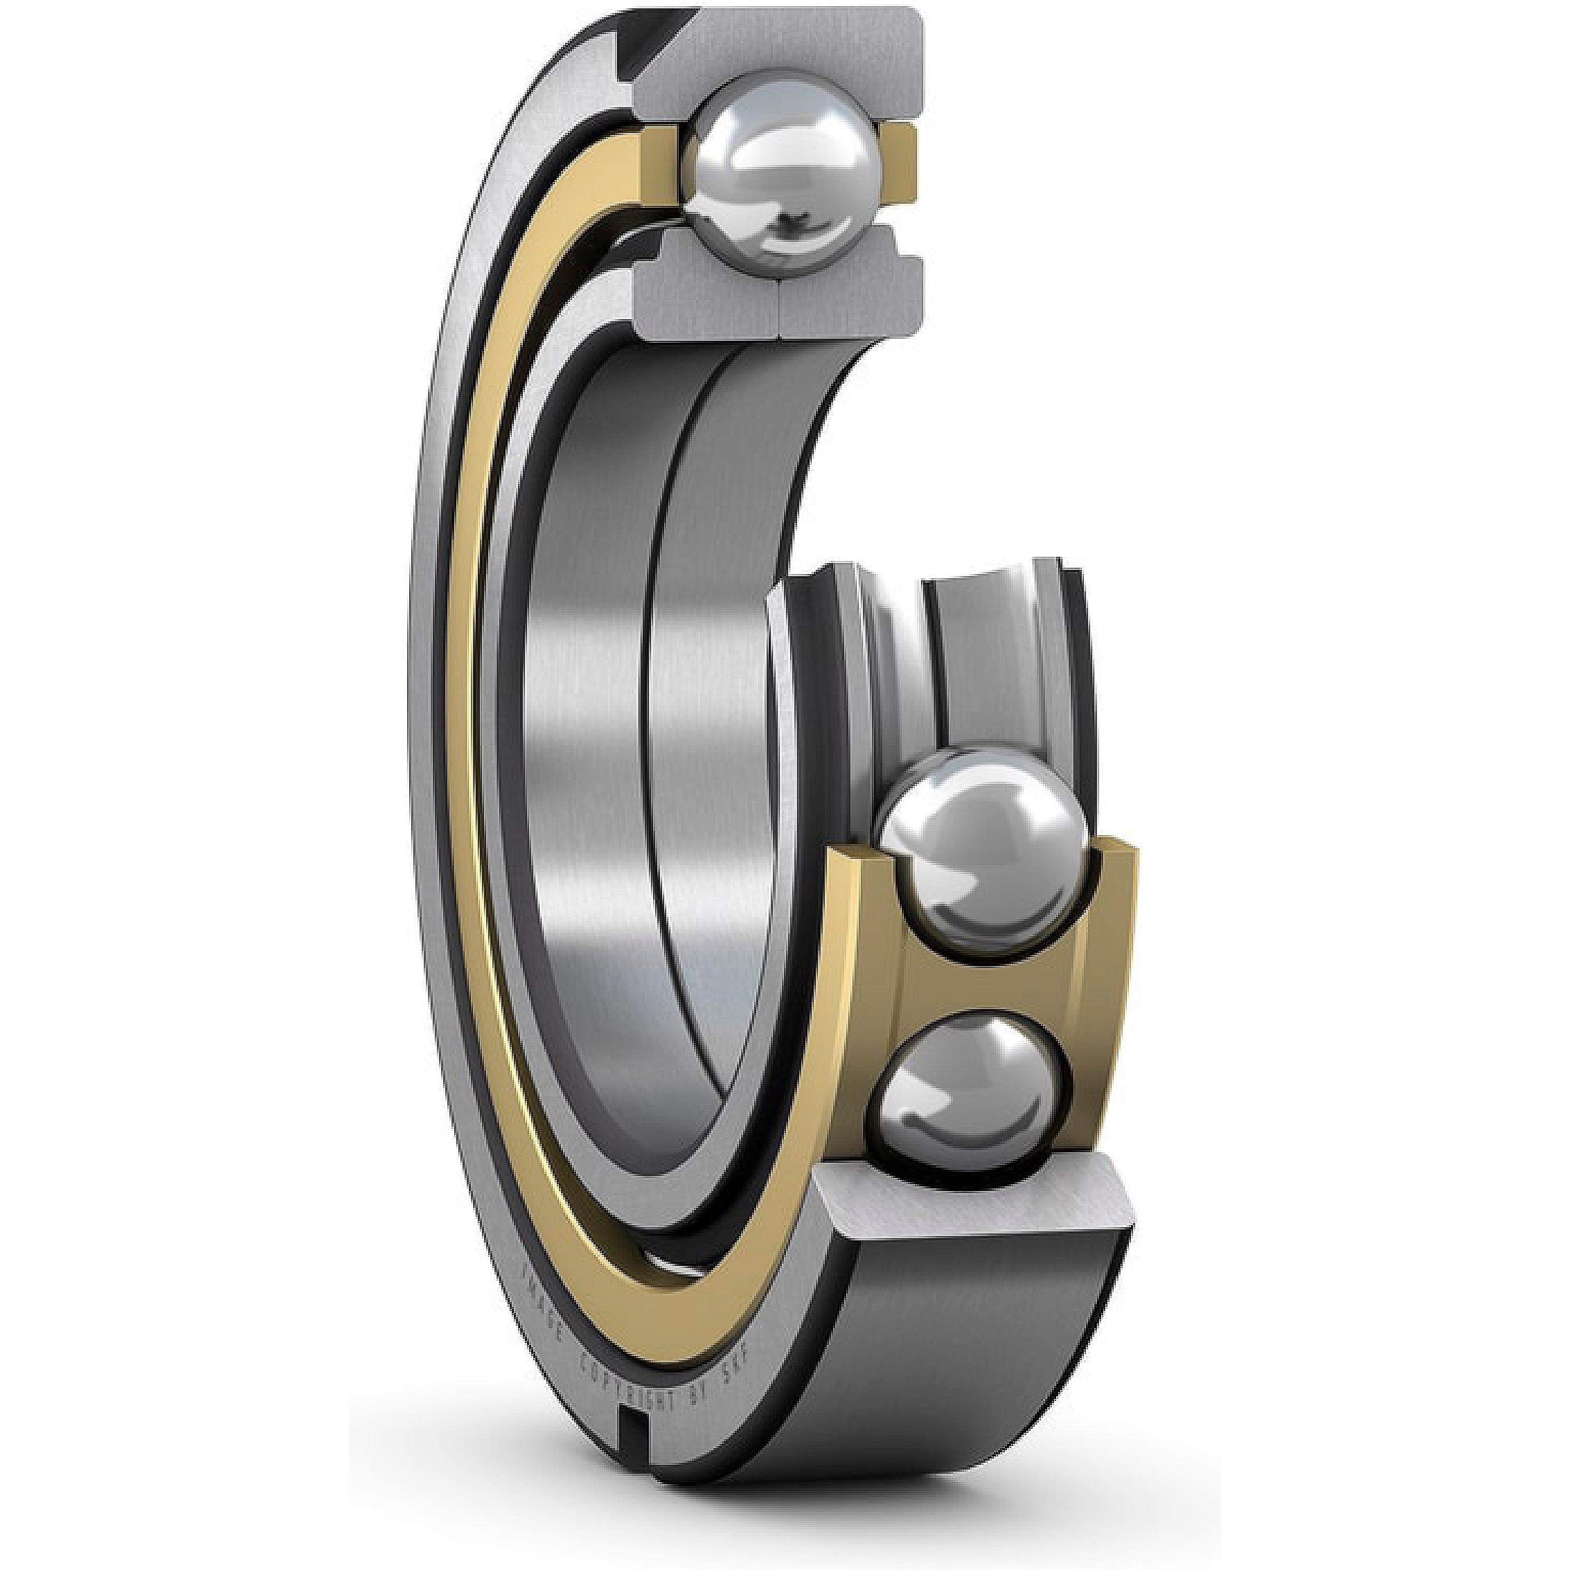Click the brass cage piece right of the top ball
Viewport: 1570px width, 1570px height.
pos(894,154)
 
